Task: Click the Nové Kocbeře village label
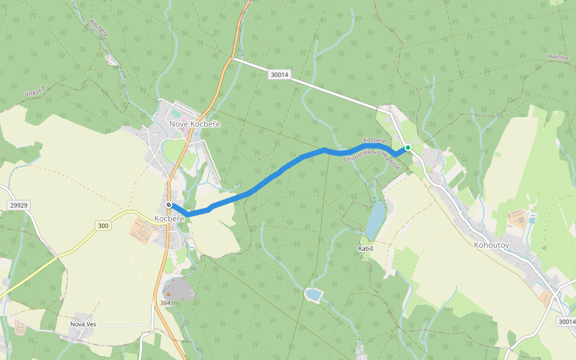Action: click(194, 124)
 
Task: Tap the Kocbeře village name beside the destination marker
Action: click(169, 219)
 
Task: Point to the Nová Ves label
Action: click(83, 324)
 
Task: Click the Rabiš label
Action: click(366, 248)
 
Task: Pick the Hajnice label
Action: click(557, 57)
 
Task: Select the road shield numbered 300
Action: click(103, 226)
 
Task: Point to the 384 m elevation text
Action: click(169, 303)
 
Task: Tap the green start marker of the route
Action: click(407, 147)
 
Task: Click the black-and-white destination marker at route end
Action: click(169, 205)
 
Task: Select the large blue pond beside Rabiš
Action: click(376, 219)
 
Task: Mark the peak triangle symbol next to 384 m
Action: click(169, 293)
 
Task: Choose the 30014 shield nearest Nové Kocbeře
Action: click(279, 75)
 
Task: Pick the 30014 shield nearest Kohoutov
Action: click(566, 322)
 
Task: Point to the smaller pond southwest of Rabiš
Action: click(313, 295)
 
